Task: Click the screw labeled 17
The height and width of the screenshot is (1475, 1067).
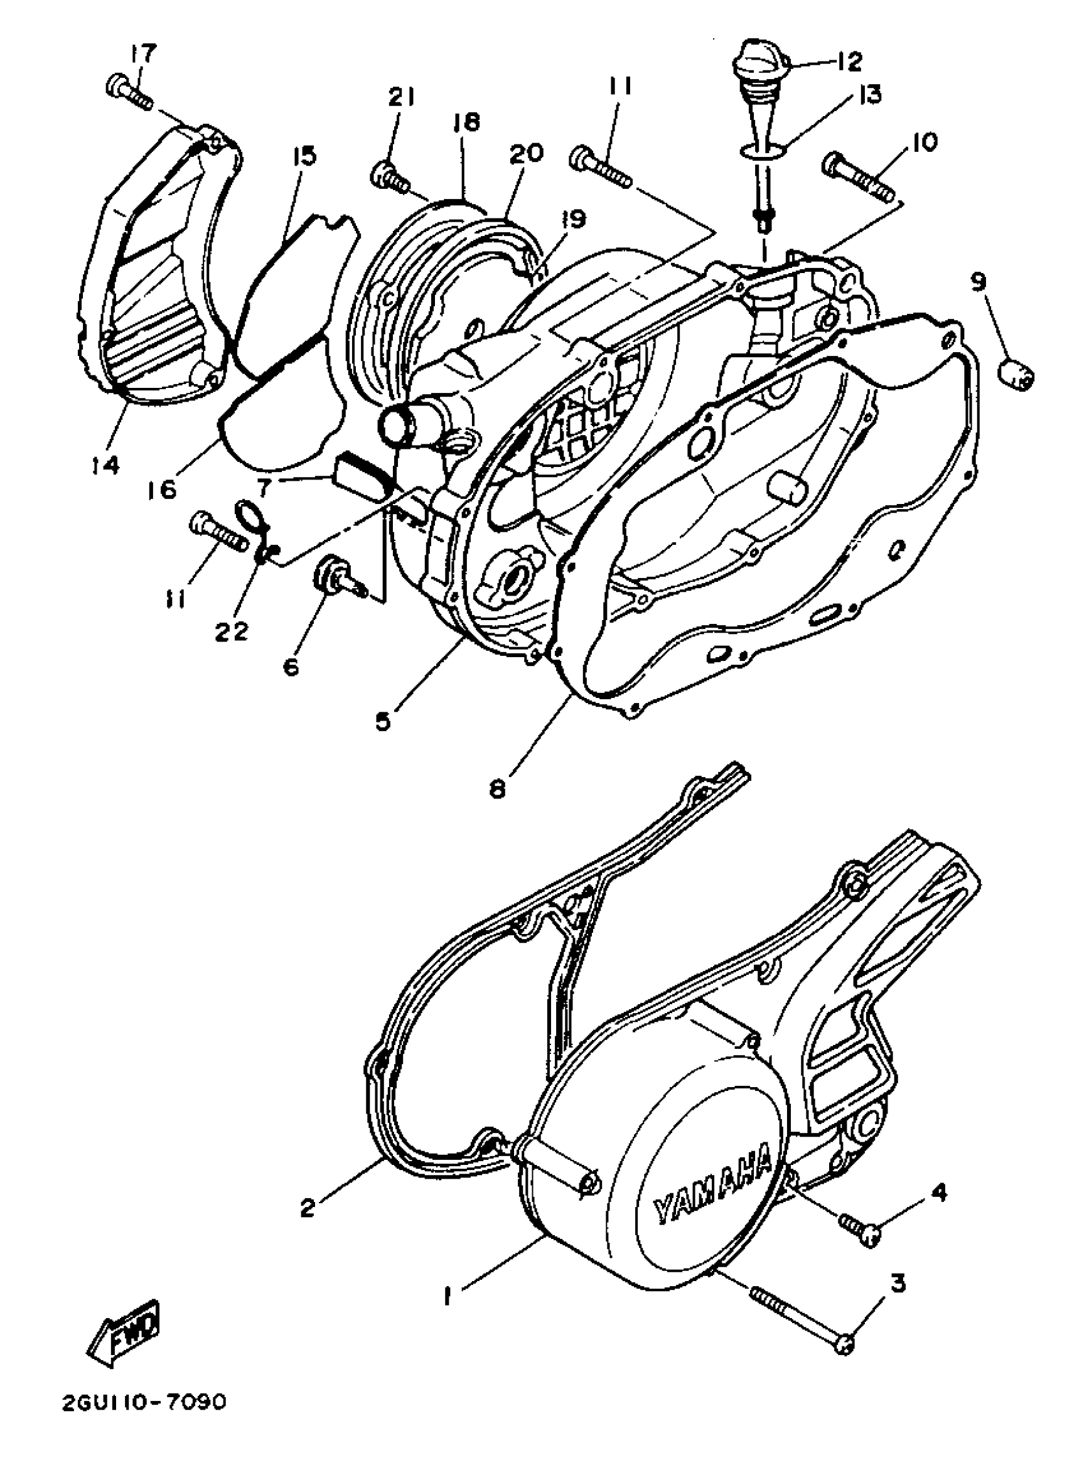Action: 128,93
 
